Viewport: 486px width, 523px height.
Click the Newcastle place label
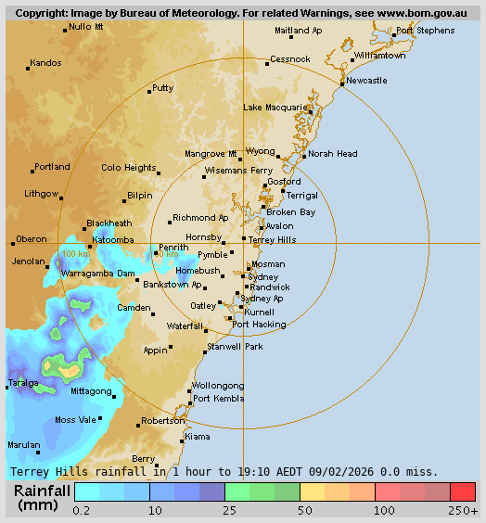point(366,81)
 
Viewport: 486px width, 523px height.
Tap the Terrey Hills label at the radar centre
point(273,239)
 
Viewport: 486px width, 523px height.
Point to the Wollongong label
point(218,386)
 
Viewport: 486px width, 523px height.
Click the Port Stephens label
point(425,31)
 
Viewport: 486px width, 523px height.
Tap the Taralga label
point(24,382)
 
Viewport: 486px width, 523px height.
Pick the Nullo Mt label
point(86,27)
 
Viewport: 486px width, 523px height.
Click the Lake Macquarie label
point(275,108)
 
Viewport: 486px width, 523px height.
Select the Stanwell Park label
point(236,346)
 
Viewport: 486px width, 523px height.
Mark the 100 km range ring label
point(77,254)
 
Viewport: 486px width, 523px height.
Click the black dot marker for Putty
point(149,91)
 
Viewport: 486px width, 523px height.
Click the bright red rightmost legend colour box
point(463,491)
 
